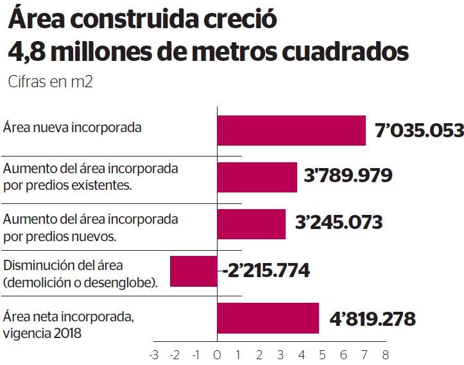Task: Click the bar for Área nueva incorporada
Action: [291, 130]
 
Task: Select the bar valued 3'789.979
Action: [257, 177]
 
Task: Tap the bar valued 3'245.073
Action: [252, 224]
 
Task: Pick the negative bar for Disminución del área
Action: [193, 271]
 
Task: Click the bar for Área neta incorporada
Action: [268, 318]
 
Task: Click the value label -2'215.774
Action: [266, 271]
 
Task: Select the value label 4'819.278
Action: [372, 318]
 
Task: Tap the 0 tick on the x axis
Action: [217, 354]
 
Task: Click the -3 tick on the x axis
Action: [153, 354]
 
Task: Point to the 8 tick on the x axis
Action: [385, 354]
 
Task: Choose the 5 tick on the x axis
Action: [322, 354]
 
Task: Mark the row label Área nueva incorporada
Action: [72, 127]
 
